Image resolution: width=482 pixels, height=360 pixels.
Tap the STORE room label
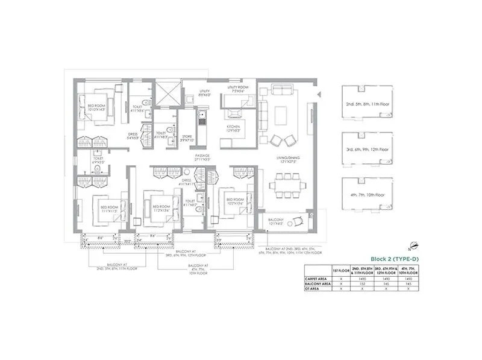187,138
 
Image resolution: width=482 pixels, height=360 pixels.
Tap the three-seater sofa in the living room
281,91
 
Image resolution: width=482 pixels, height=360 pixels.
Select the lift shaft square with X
167,95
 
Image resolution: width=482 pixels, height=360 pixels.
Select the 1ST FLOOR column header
341,270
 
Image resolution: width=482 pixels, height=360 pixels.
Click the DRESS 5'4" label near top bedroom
133,136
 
